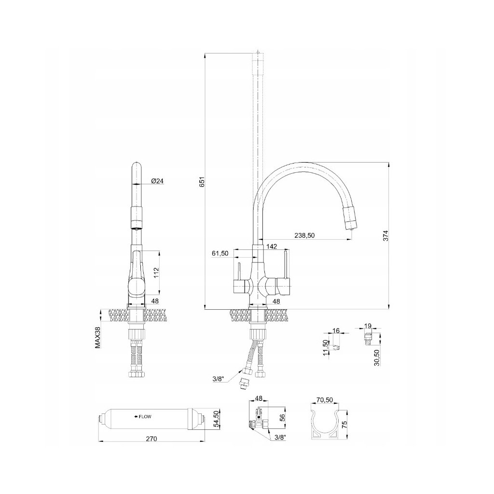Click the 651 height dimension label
[203, 182]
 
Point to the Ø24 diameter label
[158, 181]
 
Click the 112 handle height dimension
[156, 273]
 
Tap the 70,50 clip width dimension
[325, 400]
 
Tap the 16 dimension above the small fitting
[337, 331]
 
